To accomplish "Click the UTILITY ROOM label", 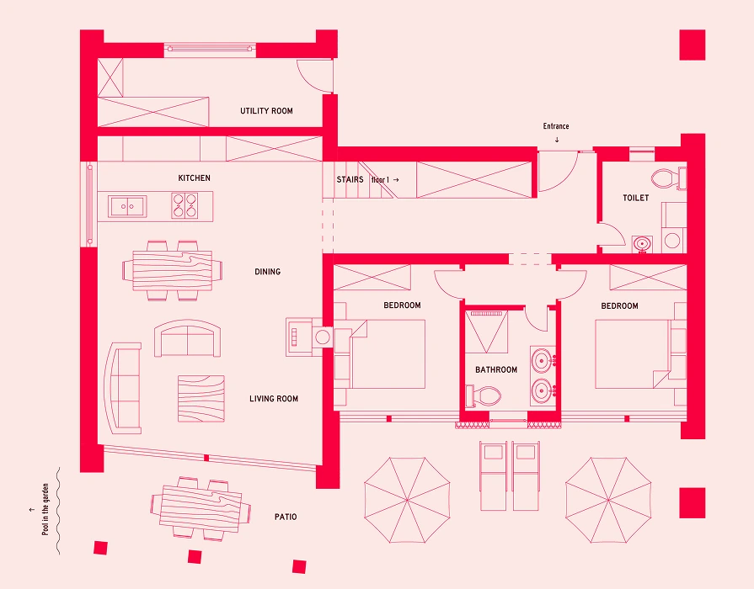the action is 266,111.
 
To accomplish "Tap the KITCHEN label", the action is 195,178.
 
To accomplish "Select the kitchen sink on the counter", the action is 127,207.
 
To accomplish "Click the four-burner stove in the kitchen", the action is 184,205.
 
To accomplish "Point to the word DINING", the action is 267,272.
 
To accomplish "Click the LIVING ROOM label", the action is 274,399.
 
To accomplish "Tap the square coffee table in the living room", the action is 201,399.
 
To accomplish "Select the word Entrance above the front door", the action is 556,126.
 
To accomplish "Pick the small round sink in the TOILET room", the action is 642,243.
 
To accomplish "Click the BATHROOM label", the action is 496,370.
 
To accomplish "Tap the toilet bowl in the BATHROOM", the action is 484,396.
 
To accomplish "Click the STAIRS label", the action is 350,180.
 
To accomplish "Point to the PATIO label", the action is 286,517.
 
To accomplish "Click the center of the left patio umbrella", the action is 407,500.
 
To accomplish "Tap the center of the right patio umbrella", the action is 608,500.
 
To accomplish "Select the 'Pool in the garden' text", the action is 45,509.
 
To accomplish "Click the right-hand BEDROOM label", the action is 619,306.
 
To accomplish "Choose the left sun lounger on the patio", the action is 494,475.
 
